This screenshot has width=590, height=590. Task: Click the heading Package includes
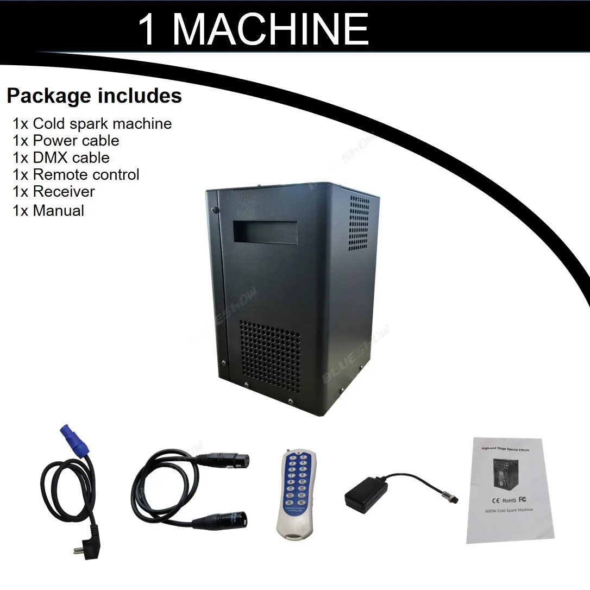pyautogui.click(x=94, y=96)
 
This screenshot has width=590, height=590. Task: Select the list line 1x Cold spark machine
pyautogui.click(x=92, y=124)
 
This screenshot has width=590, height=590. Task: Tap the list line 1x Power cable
pyautogui.click(x=65, y=141)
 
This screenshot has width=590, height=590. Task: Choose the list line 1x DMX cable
pyautogui.click(x=61, y=158)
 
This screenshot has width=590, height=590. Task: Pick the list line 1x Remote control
pyautogui.click(x=76, y=174)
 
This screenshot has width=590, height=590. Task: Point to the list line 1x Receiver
pyautogui.click(x=53, y=191)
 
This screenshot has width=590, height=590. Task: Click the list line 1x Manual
pyautogui.click(x=48, y=210)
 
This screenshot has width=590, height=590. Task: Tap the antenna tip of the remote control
pyautogui.click(x=285, y=451)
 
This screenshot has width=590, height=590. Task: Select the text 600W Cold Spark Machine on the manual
pyautogui.click(x=508, y=510)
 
